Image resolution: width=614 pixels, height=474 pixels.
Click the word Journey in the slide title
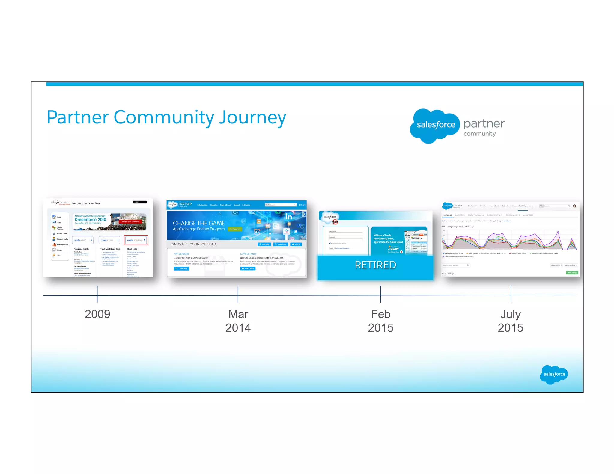point(252,117)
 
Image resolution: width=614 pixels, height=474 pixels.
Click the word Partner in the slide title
point(77,117)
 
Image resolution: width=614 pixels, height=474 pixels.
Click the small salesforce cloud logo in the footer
point(554,374)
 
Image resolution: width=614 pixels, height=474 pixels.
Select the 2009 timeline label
point(97,314)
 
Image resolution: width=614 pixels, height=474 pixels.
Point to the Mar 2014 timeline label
point(238,321)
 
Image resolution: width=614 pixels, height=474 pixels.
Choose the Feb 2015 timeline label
point(380,321)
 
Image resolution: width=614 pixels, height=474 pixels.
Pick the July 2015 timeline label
point(510,321)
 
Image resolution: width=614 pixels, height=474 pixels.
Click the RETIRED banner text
point(375,265)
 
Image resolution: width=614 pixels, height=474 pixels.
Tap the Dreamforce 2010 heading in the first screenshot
point(90,220)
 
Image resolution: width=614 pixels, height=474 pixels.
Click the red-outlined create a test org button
point(136,240)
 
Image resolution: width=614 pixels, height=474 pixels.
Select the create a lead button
point(82,240)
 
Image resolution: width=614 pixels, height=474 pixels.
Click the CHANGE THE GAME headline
point(198,223)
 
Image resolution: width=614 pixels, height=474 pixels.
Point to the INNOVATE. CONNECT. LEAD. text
point(194,244)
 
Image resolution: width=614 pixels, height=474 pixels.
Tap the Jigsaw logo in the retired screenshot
point(393,248)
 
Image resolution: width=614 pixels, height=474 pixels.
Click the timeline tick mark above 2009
point(97,294)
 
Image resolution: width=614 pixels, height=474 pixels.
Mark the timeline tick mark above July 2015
point(511,294)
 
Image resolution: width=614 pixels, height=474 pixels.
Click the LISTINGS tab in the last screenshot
point(447,215)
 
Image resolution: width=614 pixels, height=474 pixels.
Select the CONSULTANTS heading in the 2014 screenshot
point(248,254)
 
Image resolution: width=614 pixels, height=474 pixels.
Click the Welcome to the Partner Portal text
point(86,203)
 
